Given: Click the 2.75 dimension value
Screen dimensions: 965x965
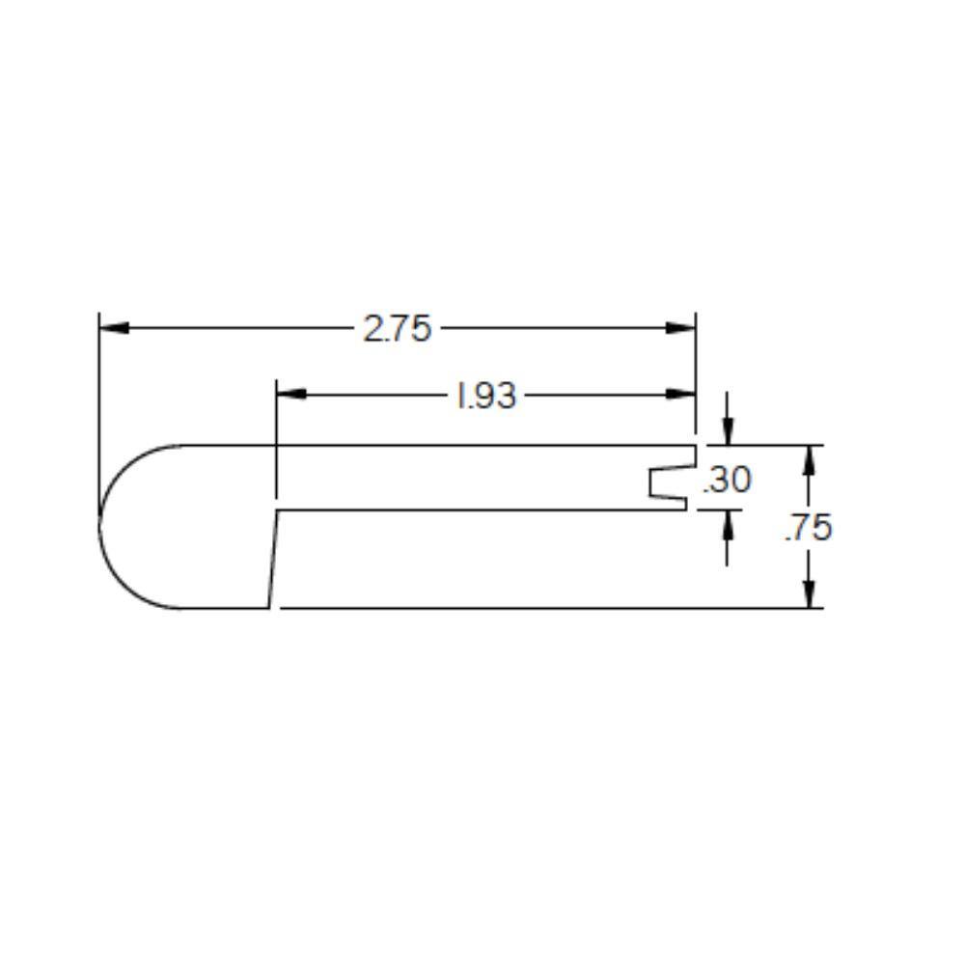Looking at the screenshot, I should tap(397, 329).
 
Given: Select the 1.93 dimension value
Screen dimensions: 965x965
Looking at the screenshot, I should tap(486, 395).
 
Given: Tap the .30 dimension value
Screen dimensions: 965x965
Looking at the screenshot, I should tap(727, 479).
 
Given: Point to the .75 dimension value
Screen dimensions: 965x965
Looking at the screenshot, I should tap(808, 528).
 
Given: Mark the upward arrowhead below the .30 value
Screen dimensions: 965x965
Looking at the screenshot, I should tap(727, 523).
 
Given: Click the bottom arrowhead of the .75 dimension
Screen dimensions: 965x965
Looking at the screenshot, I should tap(809, 593).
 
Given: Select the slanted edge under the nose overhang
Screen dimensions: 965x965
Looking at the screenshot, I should tap(274, 560).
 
